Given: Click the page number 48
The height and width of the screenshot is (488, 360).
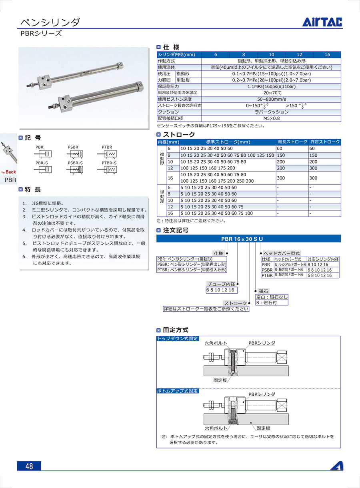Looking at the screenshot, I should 29,466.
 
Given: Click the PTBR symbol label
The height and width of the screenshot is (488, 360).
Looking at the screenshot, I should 107,147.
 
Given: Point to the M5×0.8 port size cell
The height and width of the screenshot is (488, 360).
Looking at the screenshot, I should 271,118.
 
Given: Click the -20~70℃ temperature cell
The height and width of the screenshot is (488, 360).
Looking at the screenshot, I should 271,93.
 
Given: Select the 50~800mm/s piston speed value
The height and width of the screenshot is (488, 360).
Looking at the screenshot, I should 271,99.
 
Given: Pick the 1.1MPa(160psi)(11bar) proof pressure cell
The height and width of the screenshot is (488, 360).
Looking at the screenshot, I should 271,86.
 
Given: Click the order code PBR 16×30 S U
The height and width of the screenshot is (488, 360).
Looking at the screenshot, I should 242,239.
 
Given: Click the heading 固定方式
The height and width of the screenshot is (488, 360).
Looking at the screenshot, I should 175,330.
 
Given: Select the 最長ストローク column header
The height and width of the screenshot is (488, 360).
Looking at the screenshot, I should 292,142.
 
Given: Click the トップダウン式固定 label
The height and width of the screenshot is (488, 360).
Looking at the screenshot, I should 178,339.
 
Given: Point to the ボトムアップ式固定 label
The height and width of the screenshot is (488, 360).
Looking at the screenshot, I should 178,391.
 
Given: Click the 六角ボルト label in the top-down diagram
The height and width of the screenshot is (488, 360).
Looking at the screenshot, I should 216,343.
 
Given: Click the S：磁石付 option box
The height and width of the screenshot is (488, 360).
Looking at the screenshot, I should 272,303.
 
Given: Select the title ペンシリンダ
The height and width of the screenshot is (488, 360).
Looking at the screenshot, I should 50,22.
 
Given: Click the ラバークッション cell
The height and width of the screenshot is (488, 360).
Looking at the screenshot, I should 271,112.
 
